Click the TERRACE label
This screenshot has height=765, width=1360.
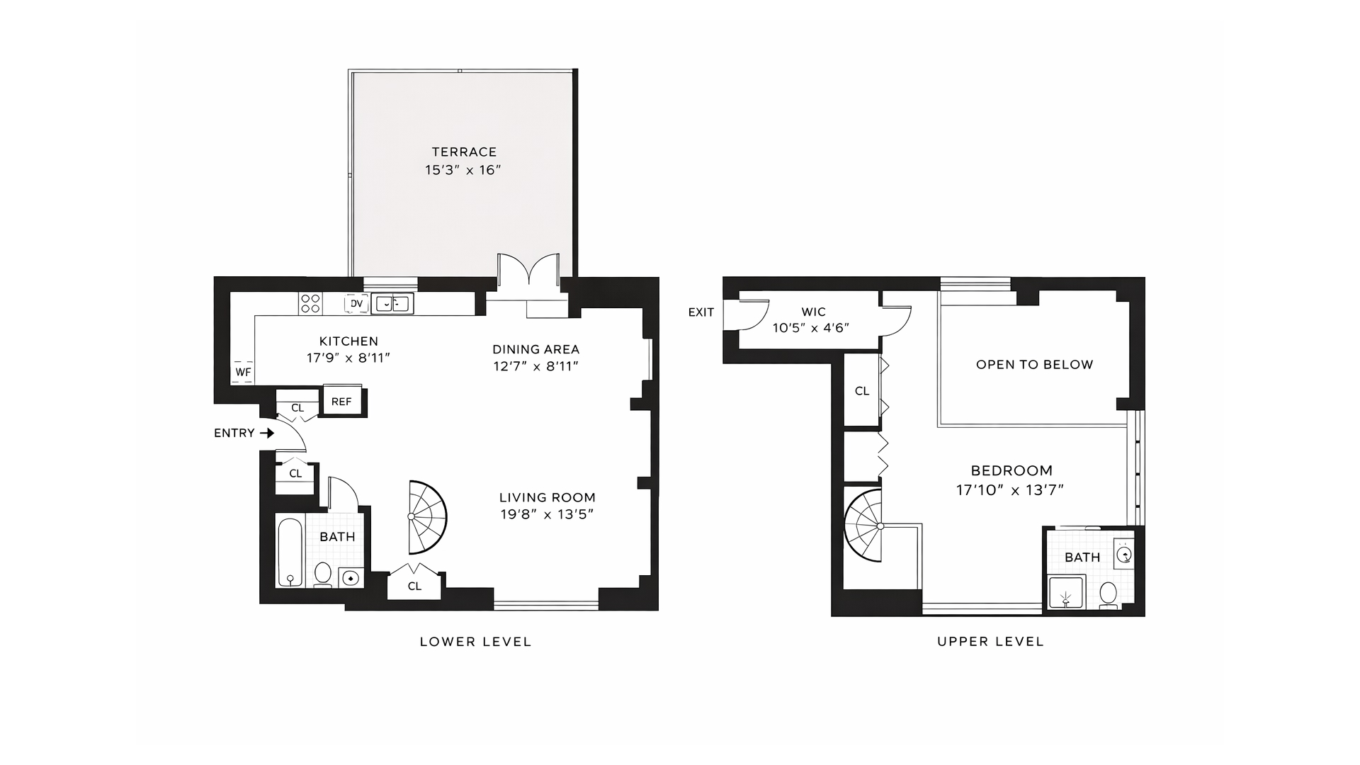point(464,152)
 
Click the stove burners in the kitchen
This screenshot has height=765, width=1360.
point(310,304)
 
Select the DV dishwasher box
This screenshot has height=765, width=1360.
point(356,304)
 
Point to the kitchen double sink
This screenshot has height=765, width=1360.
point(392,304)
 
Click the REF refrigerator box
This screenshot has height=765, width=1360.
point(341,402)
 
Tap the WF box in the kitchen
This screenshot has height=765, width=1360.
point(243,372)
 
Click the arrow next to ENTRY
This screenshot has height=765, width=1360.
point(267,433)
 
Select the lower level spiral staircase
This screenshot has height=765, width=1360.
point(427,517)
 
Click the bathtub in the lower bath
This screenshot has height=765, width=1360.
point(290,552)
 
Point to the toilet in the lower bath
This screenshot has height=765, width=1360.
point(323,574)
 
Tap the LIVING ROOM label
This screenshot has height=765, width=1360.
point(547,497)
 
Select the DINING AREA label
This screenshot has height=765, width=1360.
point(535,349)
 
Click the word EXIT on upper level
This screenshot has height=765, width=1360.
point(701,312)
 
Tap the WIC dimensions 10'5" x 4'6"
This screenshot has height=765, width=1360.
point(810,328)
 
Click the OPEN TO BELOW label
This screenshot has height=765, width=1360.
point(1034,365)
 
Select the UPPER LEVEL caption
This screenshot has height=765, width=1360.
point(990,642)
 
